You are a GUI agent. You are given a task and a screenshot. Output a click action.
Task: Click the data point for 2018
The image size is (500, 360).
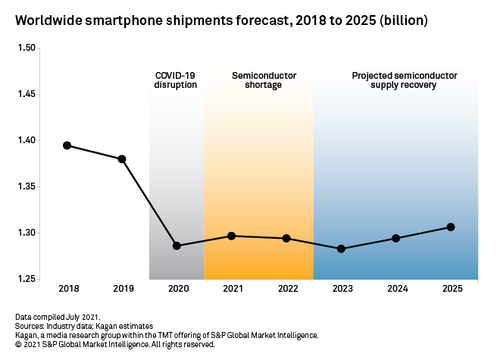(x=67, y=146)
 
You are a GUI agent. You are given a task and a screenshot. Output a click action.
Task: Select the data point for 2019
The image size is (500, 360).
(x=122, y=159)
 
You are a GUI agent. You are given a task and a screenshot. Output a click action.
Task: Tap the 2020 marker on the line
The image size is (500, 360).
(x=177, y=246)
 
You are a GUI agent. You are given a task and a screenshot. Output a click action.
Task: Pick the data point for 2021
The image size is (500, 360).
(x=231, y=236)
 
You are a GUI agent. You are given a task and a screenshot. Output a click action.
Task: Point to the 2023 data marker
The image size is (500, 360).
(x=341, y=249)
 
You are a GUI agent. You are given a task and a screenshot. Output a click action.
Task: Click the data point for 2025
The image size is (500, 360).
(x=451, y=227)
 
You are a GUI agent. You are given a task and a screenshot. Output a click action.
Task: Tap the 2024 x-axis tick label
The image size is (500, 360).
(x=396, y=289)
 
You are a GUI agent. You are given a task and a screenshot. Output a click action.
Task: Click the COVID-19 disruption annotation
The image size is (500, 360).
(x=176, y=80)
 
